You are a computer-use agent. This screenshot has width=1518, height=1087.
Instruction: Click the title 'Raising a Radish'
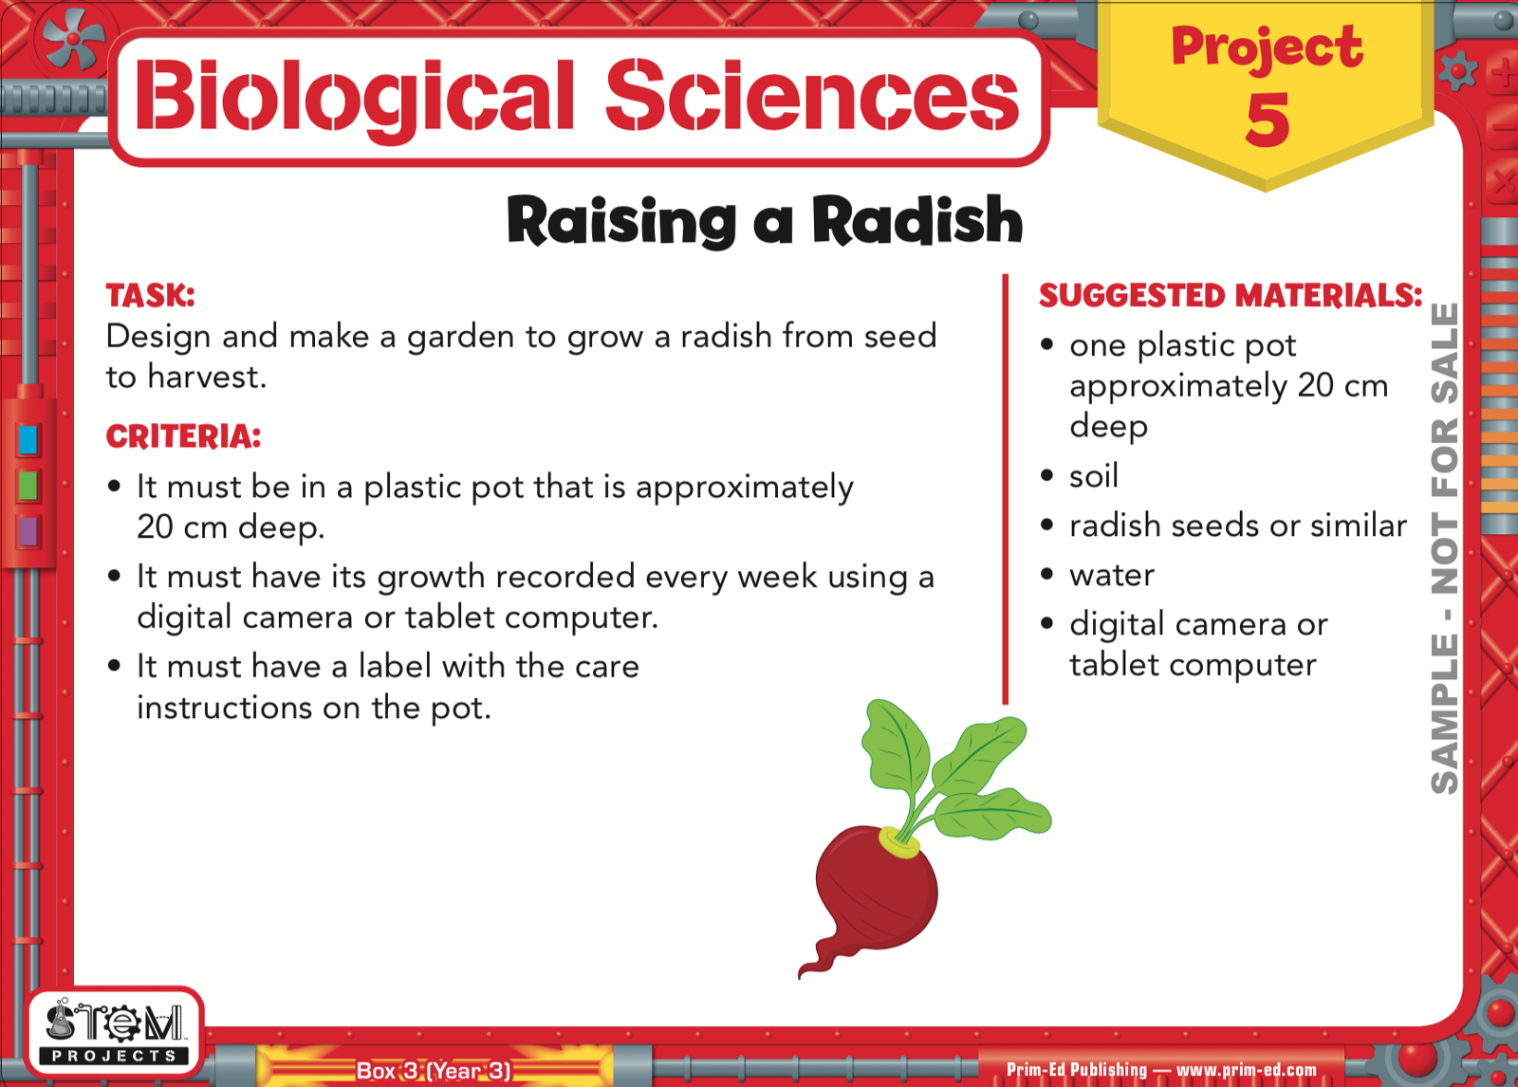pyautogui.click(x=765, y=221)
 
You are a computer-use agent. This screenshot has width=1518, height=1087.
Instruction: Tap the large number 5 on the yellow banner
pyautogui.click(x=1268, y=120)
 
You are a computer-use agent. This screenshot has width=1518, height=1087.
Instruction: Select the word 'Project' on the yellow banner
pyautogui.click(x=1267, y=47)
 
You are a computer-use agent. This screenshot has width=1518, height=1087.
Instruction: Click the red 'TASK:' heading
pyautogui.click(x=151, y=296)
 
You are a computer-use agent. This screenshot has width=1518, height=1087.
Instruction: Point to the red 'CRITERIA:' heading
pyautogui.click(x=183, y=436)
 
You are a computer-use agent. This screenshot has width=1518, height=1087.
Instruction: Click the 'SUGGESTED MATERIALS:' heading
pyautogui.click(x=1231, y=296)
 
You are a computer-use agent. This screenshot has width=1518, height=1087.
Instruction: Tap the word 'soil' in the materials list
pyautogui.click(x=1094, y=475)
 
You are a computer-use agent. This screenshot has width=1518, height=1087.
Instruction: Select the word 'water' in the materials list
pyautogui.click(x=1112, y=576)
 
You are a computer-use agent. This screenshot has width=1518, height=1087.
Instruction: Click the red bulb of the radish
pyautogui.click(x=877, y=888)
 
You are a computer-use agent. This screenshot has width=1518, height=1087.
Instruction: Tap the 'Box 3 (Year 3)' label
pyautogui.click(x=434, y=1070)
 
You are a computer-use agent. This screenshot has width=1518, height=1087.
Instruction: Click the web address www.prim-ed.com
pyautogui.click(x=1247, y=1069)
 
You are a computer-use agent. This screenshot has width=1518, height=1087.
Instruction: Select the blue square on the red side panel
pyautogui.click(x=28, y=439)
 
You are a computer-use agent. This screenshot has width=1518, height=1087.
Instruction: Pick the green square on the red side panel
pyautogui.click(x=28, y=486)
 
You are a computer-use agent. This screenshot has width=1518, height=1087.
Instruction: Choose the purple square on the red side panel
pyautogui.click(x=28, y=531)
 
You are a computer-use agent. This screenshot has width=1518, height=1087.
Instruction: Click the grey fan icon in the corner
pyautogui.click(x=73, y=39)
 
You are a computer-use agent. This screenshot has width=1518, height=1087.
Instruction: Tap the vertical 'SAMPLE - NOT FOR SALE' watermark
pyautogui.click(x=1444, y=548)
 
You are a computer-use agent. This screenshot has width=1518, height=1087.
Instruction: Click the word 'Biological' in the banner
pyautogui.click(x=355, y=96)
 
